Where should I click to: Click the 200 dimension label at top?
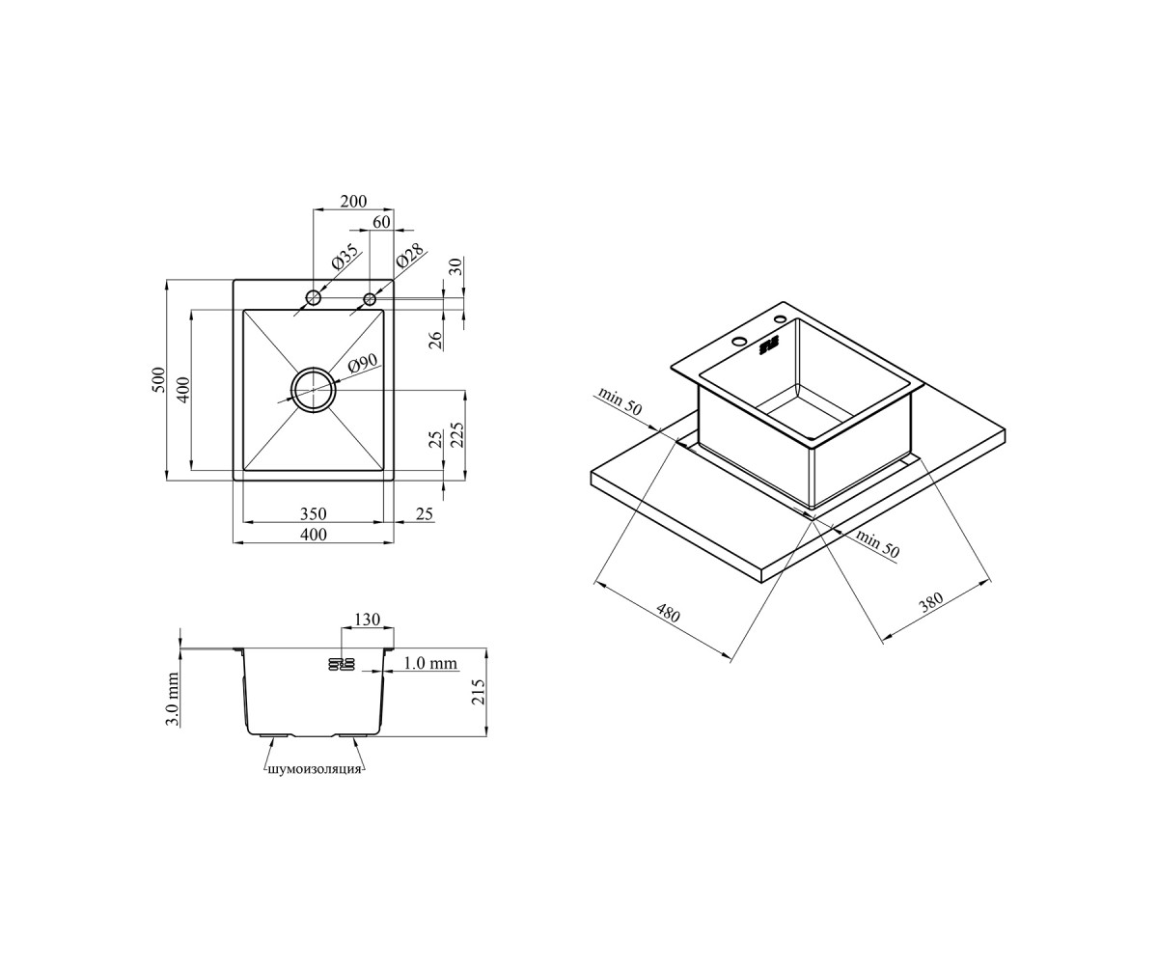click(353, 201)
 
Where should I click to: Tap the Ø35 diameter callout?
click(345, 257)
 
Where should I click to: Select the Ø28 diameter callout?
click(410, 256)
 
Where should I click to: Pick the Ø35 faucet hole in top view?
click(314, 298)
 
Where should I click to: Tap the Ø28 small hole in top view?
click(370, 299)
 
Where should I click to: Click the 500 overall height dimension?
click(158, 380)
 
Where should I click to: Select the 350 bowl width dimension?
click(314, 513)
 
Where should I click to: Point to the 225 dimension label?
click(457, 434)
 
